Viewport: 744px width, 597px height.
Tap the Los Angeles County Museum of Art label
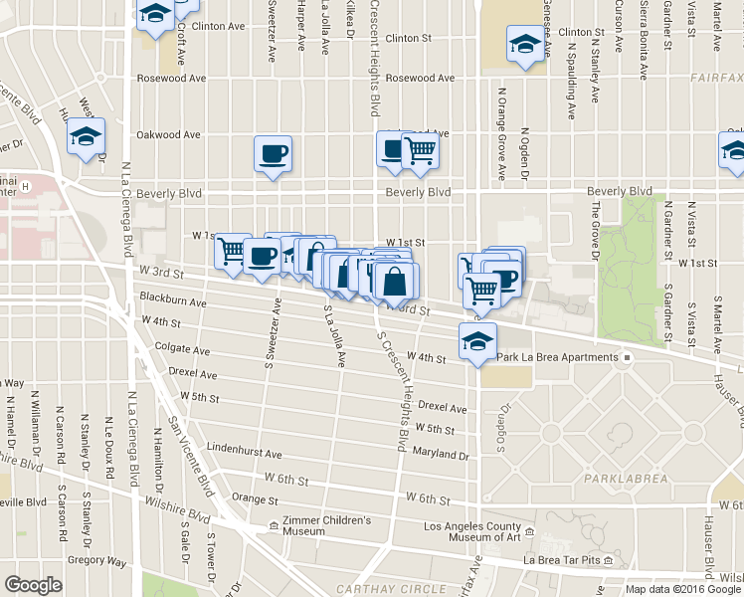coord(472,532)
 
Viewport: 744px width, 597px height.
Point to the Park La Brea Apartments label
coord(559,357)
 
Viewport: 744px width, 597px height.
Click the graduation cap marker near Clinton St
coord(524,46)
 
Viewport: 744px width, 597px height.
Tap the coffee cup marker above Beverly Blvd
coord(273,154)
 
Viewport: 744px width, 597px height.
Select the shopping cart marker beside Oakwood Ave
coord(421,151)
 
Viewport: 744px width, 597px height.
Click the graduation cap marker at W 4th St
coord(477,340)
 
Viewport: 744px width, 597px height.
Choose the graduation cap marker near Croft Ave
coord(155,14)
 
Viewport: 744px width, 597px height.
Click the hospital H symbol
coord(28,185)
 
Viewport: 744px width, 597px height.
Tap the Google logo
coord(33,585)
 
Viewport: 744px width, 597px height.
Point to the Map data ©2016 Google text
coord(683,589)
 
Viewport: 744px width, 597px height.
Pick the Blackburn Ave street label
coord(173,300)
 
